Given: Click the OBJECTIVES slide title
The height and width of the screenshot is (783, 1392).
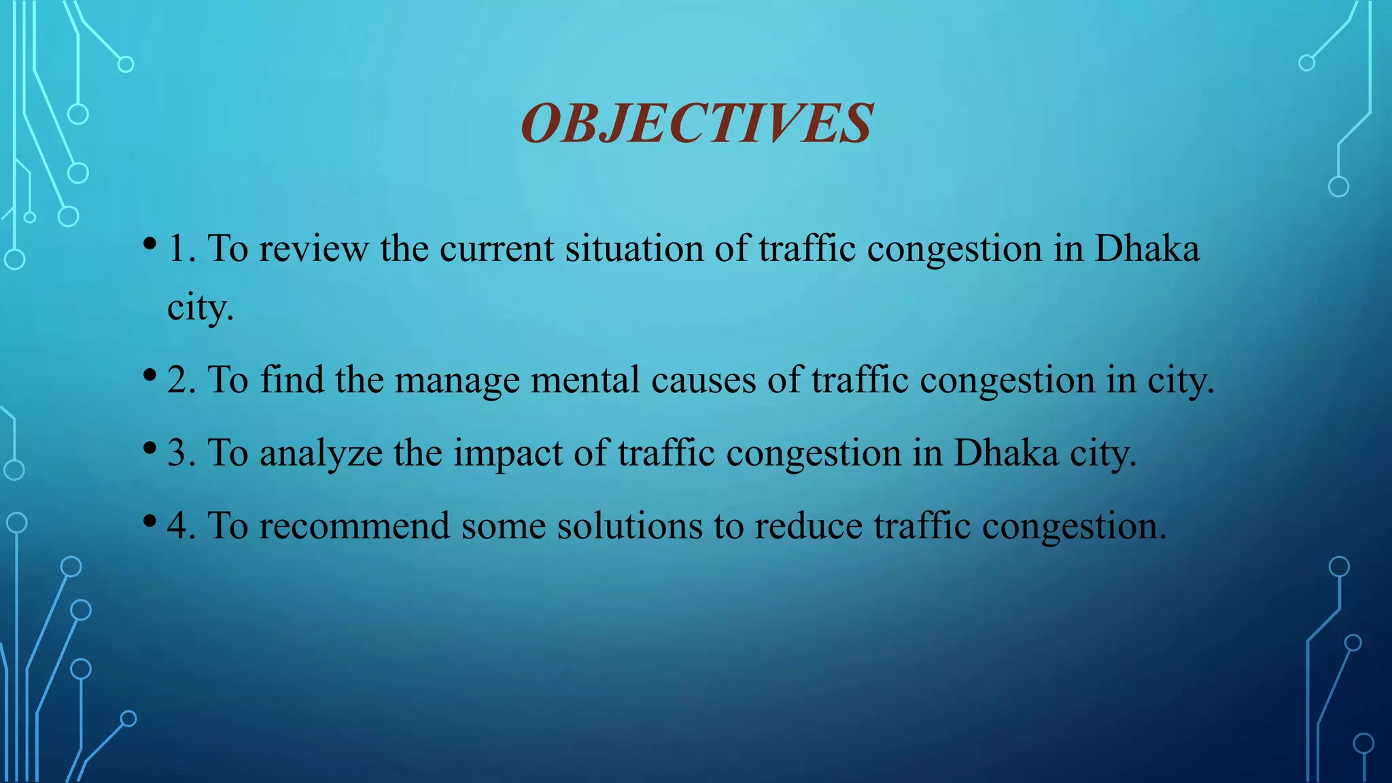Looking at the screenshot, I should [697, 124].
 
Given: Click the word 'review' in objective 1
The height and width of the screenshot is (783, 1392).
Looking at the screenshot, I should [313, 249].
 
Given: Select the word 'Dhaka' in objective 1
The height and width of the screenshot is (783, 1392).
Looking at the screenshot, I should [1147, 249].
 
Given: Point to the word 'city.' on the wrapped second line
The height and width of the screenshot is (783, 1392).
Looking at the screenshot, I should [201, 309].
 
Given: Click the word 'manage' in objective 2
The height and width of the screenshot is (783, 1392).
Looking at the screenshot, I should [457, 381].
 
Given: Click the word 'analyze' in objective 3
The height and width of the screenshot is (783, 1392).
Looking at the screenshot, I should [321, 453].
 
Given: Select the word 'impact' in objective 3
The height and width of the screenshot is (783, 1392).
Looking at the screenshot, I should [508, 453].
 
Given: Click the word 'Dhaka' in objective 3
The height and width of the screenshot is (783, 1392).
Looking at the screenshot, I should [1006, 453].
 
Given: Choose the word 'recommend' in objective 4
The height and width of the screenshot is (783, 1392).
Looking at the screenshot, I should [354, 526].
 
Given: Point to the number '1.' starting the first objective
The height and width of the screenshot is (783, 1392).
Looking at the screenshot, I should [181, 249].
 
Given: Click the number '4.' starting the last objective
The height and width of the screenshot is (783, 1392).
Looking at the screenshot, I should [181, 526].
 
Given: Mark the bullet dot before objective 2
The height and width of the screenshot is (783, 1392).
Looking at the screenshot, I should [150, 375].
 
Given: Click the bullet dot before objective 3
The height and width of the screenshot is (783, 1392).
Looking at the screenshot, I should [150, 447].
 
